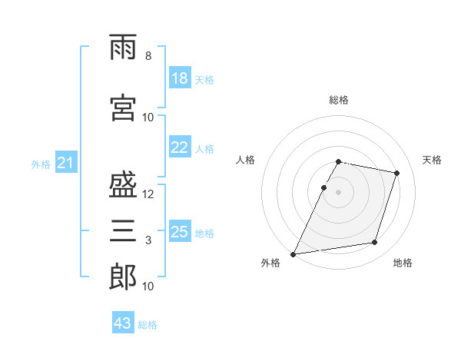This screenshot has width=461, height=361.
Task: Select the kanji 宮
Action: tap(123, 109)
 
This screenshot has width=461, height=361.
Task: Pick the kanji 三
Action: tap(123, 231)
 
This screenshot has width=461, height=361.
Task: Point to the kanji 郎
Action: tap(123, 277)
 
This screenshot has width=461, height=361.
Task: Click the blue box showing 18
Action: tap(180, 78)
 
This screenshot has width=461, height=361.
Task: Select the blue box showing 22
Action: tap(180, 147)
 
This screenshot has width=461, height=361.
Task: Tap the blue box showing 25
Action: tap(180, 232)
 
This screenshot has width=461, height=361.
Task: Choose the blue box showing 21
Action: tap(65, 163)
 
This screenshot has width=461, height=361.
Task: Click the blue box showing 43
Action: tap(123, 323)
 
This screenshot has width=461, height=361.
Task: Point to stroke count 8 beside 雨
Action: tap(148, 56)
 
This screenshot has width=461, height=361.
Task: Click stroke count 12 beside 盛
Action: tap(148, 194)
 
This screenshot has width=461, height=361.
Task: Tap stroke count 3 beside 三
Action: tap(148, 240)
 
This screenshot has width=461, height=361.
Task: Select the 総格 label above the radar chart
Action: tap(339, 100)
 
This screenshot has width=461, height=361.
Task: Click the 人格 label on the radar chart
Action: tap(245, 160)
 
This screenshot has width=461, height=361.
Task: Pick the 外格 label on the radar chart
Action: tap(270, 263)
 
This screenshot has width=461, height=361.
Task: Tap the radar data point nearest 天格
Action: tap(397, 173)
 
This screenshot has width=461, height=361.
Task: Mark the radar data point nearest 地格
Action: tap(375, 243)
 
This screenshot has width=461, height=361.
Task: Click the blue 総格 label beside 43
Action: tap(148, 325)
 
